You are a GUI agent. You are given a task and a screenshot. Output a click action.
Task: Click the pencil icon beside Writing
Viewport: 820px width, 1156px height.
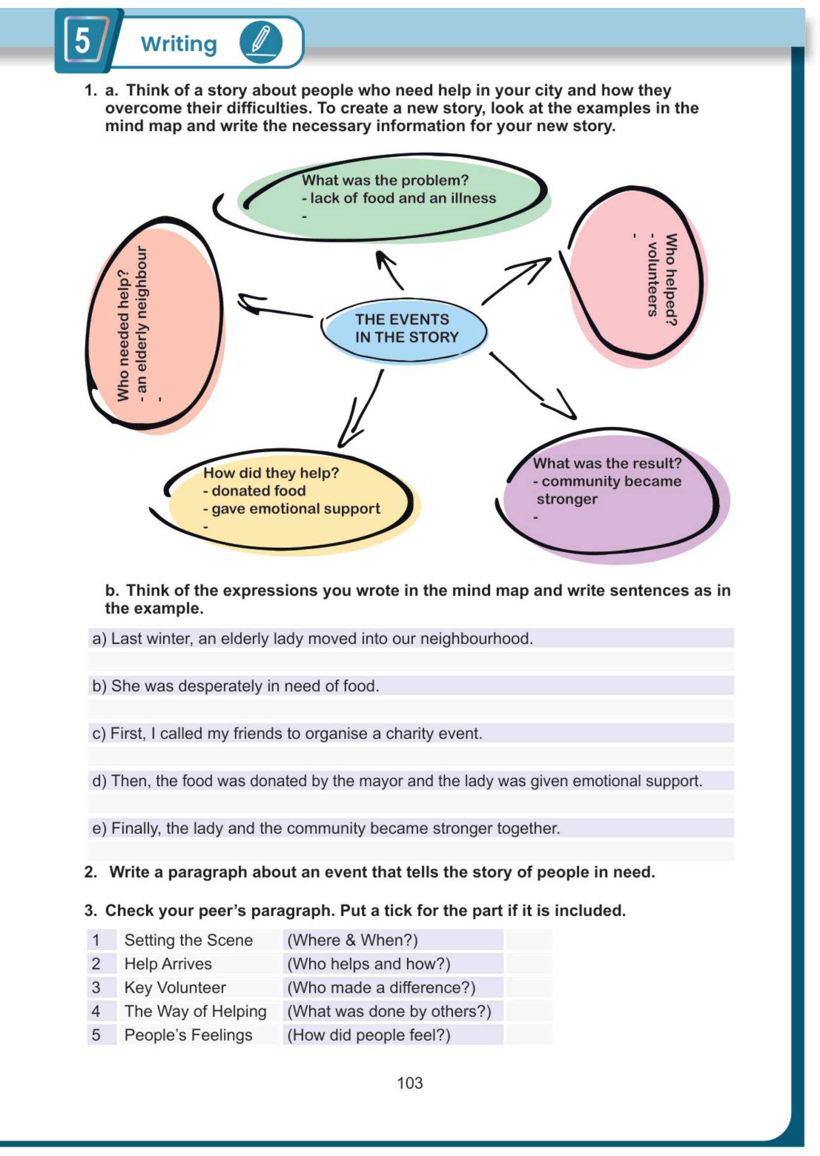pos(260,42)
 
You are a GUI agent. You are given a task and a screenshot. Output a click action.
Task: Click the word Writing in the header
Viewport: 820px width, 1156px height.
pos(179,44)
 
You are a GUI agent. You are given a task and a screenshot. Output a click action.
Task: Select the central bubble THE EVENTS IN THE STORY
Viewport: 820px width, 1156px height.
pos(406,329)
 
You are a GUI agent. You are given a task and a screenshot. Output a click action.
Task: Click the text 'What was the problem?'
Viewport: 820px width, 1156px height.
pos(385,180)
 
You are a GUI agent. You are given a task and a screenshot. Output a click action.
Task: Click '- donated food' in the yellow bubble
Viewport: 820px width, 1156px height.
pos(255,491)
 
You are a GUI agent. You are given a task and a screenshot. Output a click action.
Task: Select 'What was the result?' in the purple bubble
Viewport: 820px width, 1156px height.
pos(607,463)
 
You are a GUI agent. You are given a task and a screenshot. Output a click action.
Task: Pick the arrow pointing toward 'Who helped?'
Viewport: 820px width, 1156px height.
pos(517,281)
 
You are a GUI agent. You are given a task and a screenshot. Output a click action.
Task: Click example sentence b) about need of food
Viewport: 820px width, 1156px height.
pos(245,686)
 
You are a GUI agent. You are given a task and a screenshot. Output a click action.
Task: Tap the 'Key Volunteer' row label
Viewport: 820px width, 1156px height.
pos(174,988)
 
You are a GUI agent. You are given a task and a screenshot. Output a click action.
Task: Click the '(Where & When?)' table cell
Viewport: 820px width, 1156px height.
pos(352,940)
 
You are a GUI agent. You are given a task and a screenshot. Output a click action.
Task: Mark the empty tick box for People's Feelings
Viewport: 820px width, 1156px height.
pos(529,1035)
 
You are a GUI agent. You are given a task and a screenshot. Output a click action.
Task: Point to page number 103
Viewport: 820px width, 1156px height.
pos(409,1083)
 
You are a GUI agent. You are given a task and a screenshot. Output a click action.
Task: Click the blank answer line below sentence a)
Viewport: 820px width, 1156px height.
pos(410,661)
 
